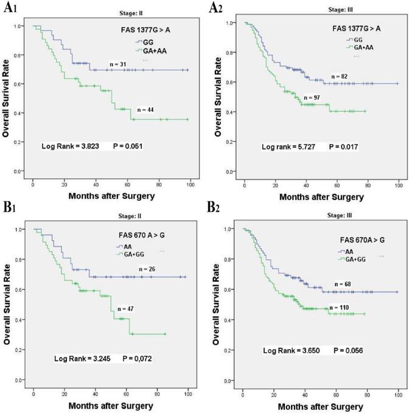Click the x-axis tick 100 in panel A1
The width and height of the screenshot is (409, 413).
click(190, 184)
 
